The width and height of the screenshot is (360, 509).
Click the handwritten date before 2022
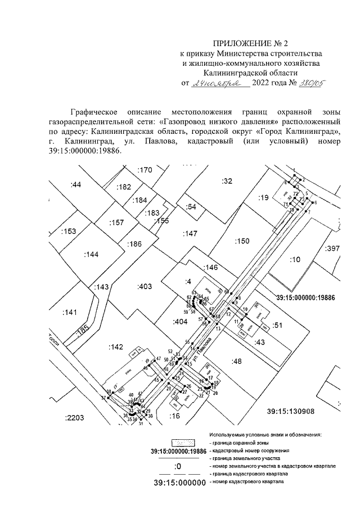coord(215,83)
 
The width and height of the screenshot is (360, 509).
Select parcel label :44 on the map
coord(76,184)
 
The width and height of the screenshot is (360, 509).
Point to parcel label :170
coord(145,170)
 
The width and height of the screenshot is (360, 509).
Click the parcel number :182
coord(123,187)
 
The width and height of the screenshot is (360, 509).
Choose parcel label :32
coord(227,181)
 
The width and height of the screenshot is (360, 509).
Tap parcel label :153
coord(68,231)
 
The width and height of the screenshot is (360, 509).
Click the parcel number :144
coord(91,254)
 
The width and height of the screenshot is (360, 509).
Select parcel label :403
coord(145,286)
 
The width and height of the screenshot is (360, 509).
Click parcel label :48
coord(236,361)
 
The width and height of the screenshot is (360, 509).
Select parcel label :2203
coord(74,417)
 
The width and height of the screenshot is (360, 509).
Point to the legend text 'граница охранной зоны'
coord(238,443)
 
